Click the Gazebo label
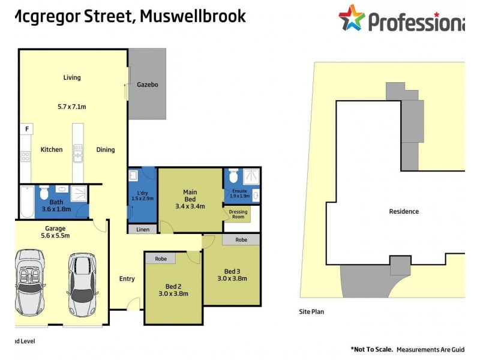pos(147,85)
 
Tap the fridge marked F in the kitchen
pos(27,129)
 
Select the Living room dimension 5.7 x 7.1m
pos(71,107)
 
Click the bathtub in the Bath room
pos(26,202)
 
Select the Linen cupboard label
pos(143,229)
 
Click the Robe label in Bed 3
pos(241,239)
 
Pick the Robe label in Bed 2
pos(160,259)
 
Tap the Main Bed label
pos(190,196)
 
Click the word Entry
pos(127,278)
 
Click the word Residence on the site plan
pos(404,211)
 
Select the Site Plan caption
pos(311,312)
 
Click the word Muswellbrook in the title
pos(192,16)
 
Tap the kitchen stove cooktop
pos(26,157)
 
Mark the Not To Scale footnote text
pos(372,349)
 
